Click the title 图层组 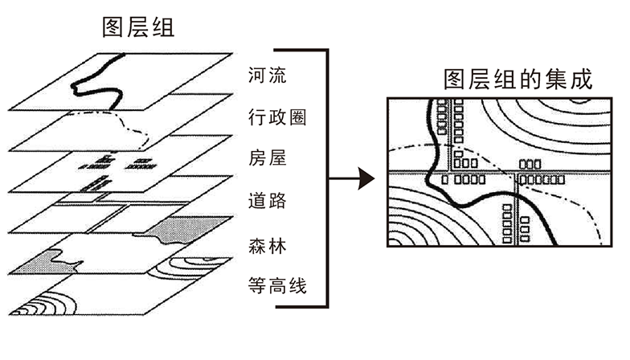pos(137,27)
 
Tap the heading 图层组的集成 pos(517,80)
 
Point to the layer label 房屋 pos(268,159)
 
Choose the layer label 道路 pos(268,201)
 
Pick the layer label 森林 pos(268,243)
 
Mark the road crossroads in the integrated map pos(517,171)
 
